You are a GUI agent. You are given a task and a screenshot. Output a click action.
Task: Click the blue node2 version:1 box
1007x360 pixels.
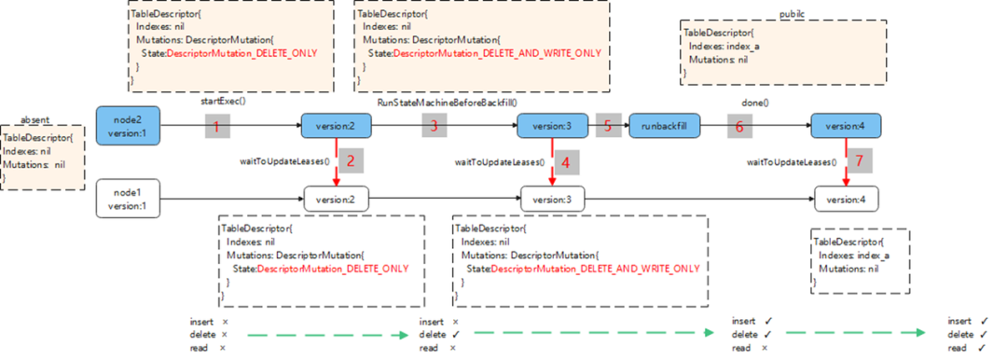(129, 125)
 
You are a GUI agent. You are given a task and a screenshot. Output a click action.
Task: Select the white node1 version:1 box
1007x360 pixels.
(129, 199)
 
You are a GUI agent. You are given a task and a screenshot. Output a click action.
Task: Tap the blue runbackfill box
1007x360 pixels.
(664, 125)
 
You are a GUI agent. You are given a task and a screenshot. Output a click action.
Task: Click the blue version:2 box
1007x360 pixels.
(336, 125)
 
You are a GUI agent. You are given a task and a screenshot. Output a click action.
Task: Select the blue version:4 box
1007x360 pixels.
(846, 125)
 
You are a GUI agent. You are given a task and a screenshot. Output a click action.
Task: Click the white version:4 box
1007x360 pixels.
(846, 199)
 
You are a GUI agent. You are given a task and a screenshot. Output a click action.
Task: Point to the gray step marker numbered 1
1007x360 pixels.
(216, 126)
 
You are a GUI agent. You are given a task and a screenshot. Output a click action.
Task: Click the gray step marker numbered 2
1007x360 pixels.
(351, 160)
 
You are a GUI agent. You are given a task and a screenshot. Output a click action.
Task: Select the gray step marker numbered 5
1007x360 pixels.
(608, 126)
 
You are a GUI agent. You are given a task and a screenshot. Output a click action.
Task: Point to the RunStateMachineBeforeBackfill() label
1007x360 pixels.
(446, 100)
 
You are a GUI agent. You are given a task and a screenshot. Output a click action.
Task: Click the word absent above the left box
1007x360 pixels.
(35, 120)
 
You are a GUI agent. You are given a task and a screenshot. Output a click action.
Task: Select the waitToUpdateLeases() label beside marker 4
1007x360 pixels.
(499, 162)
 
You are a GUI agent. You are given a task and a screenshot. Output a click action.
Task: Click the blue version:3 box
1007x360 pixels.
(553, 125)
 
